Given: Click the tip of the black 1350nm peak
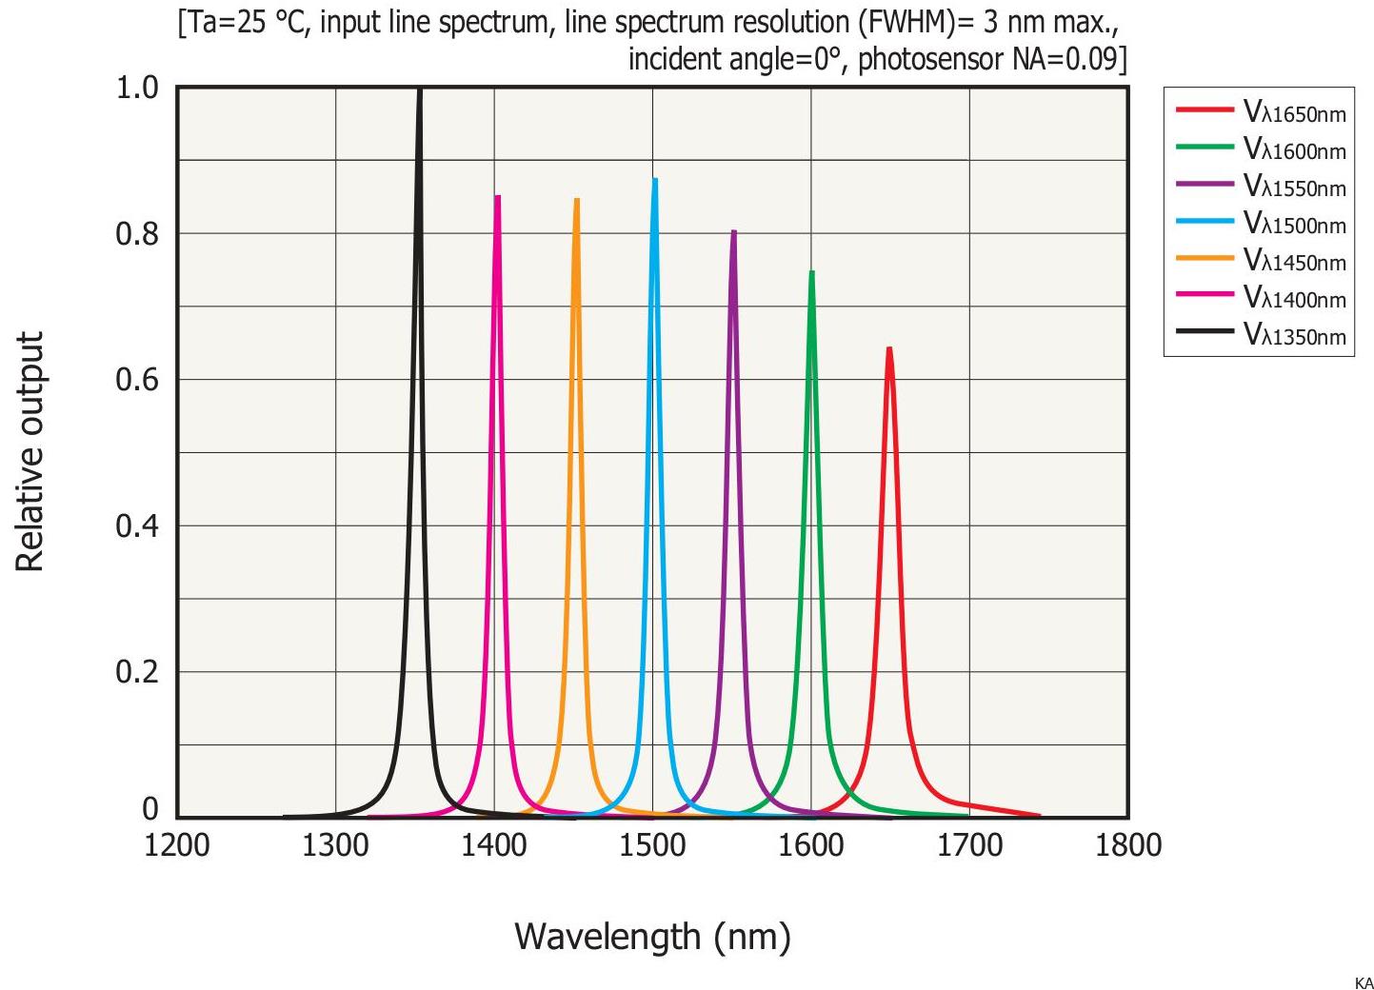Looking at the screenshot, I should click(x=419, y=90).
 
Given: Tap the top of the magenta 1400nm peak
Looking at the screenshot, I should click(x=497, y=197).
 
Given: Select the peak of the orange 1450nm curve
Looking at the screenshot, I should click(x=576, y=200).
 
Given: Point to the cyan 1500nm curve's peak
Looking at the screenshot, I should click(x=655, y=180).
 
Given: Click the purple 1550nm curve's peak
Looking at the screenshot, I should click(x=733, y=231).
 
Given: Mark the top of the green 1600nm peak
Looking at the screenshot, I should click(x=811, y=272).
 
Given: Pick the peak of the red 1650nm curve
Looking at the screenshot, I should click(x=889, y=348).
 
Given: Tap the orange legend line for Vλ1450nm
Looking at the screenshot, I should click(x=1205, y=259).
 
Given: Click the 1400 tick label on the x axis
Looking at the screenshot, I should click(x=493, y=845).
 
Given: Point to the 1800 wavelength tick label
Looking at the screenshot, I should click(x=1128, y=845).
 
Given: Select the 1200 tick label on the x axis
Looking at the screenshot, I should click(x=177, y=845).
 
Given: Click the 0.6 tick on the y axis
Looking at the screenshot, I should click(x=137, y=380).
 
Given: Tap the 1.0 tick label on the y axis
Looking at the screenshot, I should click(x=137, y=89).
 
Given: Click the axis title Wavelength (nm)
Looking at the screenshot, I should click(x=652, y=937).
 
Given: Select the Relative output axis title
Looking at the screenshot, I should click(x=30, y=452).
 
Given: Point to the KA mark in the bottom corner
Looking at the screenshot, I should click(x=1363, y=983).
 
